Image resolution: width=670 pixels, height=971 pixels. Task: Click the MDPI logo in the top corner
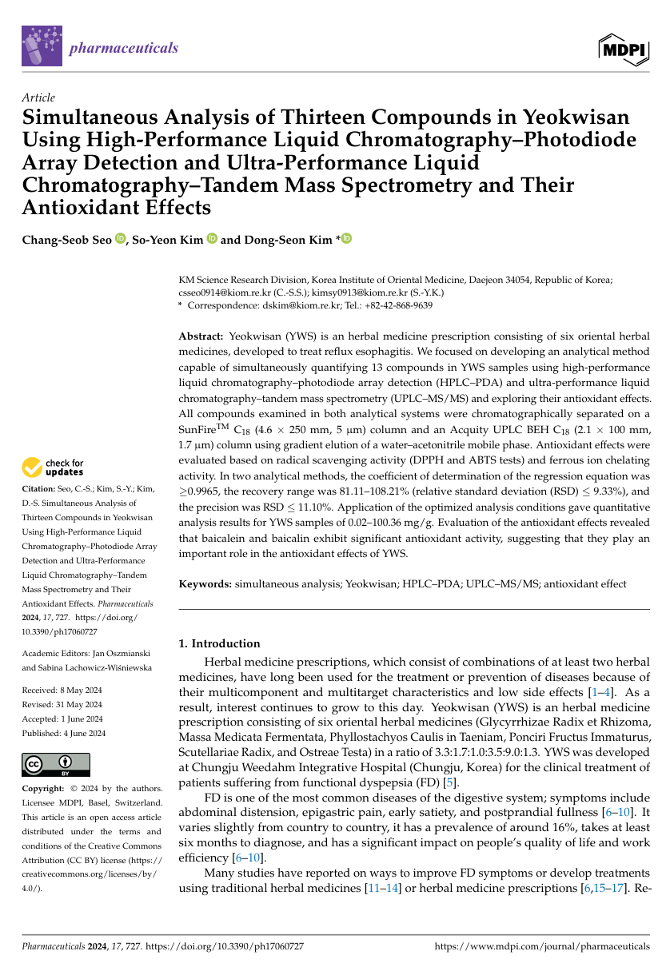pyautogui.click(x=623, y=50)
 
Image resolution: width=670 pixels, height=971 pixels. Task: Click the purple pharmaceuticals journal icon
pyautogui.click(x=42, y=46)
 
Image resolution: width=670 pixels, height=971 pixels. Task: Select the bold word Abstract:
pyautogui.click(x=201, y=336)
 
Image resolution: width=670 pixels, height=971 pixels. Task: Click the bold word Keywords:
pyautogui.click(x=204, y=585)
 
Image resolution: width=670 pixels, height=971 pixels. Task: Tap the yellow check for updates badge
pyautogui.click(x=54, y=468)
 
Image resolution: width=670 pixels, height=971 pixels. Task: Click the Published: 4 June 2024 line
pyautogui.click(x=63, y=733)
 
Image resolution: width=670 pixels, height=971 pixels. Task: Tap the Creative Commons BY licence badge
pyautogui.click(x=56, y=765)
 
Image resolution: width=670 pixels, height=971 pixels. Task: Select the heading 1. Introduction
pyautogui.click(x=218, y=643)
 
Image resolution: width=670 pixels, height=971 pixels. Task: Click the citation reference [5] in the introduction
pyautogui.click(x=452, y=782)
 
